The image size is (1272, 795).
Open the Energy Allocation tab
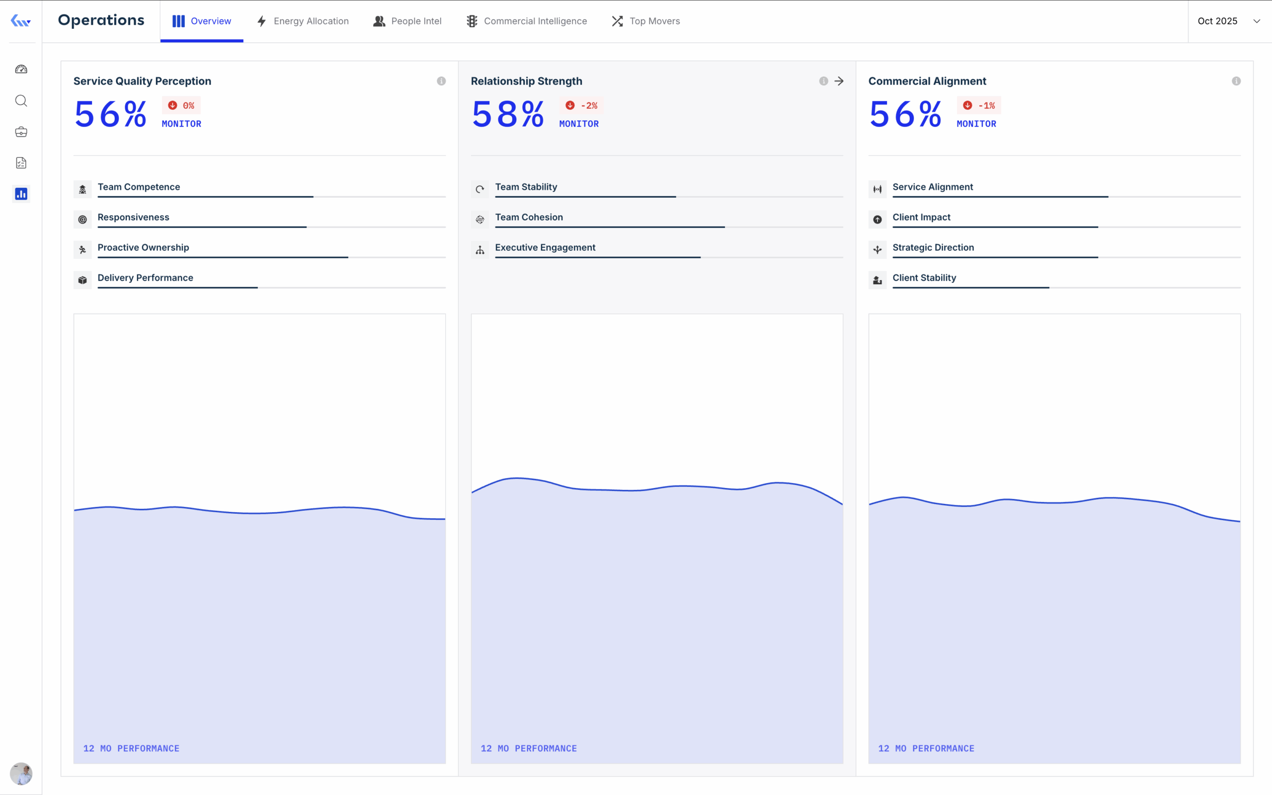(303, 21)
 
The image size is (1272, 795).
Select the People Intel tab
(407, 21)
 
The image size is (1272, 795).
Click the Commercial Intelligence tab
(527, 21)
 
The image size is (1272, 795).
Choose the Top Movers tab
(646, 21)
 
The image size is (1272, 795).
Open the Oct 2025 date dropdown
(1229, 21)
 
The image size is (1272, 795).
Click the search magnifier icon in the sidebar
(21, 100)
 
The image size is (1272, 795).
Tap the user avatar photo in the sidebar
(21, 774)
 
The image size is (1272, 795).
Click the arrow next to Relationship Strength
(839, 81)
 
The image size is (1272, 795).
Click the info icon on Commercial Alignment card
(1236, 81)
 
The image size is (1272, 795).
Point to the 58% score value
(508, 114)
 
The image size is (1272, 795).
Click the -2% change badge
(581, 106)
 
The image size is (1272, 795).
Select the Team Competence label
(139, 187)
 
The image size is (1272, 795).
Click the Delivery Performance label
(146, 278)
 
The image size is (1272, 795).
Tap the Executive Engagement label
(545, 247)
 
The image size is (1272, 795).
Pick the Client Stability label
(924, 278)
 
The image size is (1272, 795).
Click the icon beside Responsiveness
(82, 219)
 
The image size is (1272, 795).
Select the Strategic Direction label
(933, 247)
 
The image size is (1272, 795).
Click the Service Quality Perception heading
(143, 81)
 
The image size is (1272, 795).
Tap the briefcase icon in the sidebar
(21, 132)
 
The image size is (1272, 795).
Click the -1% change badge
(979, 106)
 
